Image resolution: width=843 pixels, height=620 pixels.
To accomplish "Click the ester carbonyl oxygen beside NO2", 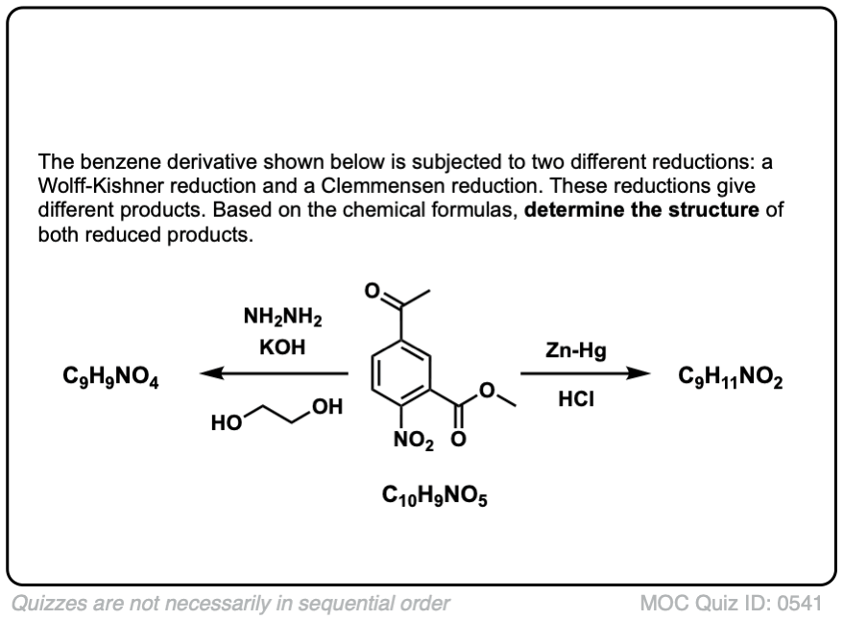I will (457, 441).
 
